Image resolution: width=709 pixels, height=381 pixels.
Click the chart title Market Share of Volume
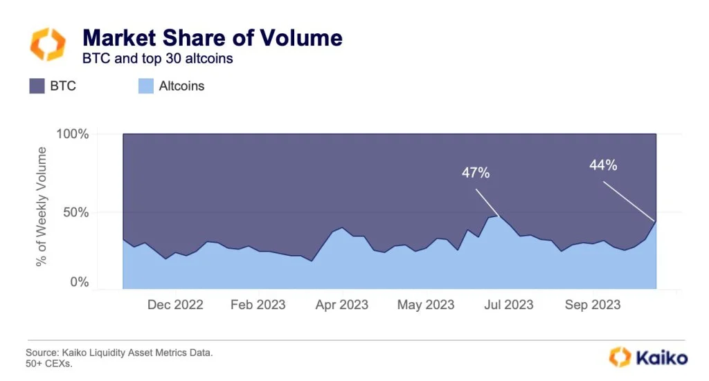(x=213, y=37)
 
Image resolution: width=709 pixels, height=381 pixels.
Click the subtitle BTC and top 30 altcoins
(x=158, y=59)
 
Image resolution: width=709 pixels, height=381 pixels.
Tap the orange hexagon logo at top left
(x=48, y=44)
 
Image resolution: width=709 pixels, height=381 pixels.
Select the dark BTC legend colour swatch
(x=37, y=86)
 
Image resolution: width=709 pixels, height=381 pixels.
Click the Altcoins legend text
(x=181, y=86)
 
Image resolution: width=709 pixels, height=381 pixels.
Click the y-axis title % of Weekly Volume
(x=42, y=207)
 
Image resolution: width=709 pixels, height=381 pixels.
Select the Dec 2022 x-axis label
(x=175, y=305)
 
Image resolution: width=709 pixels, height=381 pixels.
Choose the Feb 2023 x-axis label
(x=258, y=305)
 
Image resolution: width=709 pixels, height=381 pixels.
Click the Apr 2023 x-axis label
(x=341, y=305)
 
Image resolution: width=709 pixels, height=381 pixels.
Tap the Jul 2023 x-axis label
(x=510, y=305)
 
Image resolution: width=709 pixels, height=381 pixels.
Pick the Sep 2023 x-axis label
(x=593, y=305)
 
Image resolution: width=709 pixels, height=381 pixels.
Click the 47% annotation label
(x=476, y=173)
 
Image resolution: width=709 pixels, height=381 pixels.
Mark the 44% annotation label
(x=603, y=165)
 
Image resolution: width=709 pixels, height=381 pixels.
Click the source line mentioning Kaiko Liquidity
(x=119, y=353)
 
